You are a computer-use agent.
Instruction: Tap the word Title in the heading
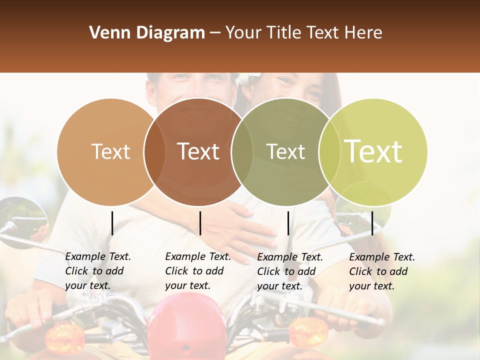(286, 33)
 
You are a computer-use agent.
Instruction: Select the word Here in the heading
(365, 33)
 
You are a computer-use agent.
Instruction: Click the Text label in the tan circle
(110, 151)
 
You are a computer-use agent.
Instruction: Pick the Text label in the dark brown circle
(198, 151)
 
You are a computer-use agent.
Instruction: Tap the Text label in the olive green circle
(285, 151)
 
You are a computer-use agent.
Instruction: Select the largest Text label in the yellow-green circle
(373, 151)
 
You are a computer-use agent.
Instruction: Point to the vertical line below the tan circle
(112, 223)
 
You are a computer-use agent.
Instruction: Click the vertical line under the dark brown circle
(200, 223)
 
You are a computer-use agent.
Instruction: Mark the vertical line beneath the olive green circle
(288, 223)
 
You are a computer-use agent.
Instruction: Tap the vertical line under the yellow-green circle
(372, 223)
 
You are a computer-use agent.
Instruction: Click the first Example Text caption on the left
(98, 271)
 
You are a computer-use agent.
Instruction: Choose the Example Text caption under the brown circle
(198, 271)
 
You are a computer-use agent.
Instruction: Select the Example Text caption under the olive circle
(290, 271)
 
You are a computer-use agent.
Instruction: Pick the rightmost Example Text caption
(382, 271)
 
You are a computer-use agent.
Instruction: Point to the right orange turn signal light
(308, 330)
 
